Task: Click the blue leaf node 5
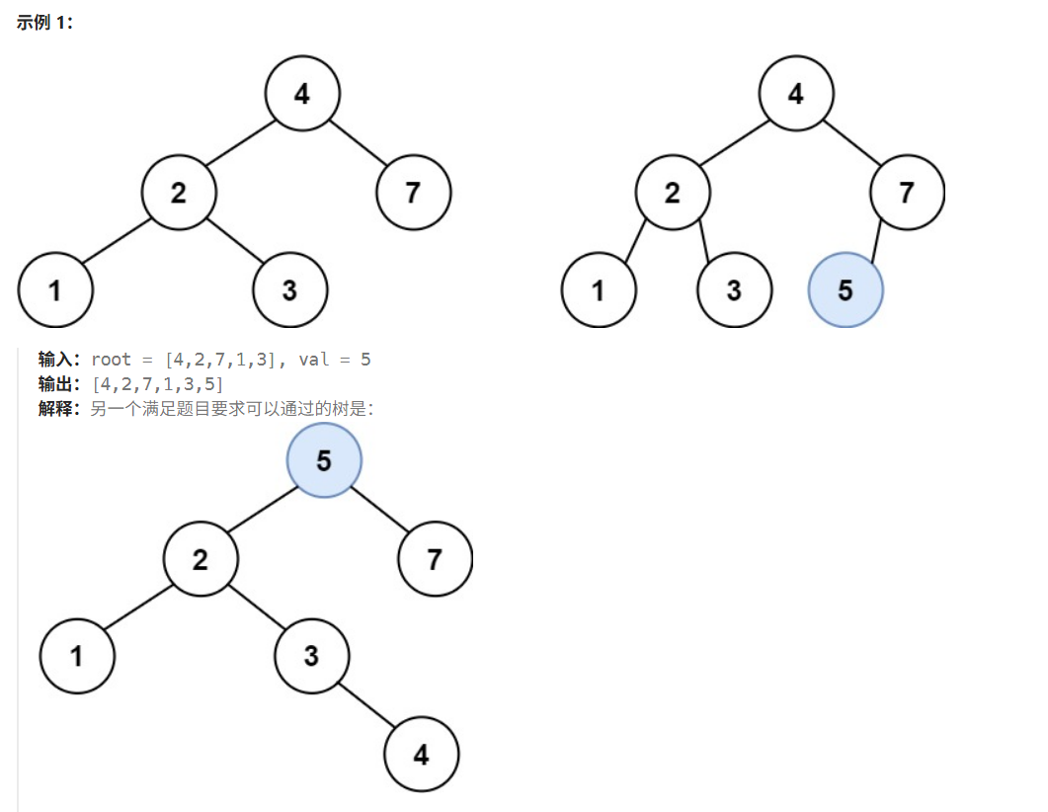pos(846,290)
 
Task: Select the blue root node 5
pos(324,460)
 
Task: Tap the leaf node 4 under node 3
pos(422,755)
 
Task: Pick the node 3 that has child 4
pos(311,655)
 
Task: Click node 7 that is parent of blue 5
pos(907,192)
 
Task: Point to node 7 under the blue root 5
pos(435,559)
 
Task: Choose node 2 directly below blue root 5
pos(201,560)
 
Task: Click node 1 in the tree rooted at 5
pos(77,655)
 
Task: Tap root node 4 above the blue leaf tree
pos(795,94)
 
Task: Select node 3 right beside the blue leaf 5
pos(734,290)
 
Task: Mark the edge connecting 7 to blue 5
pos(876,241)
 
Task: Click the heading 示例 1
pos(44,23)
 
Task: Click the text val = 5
pos(335,360)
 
